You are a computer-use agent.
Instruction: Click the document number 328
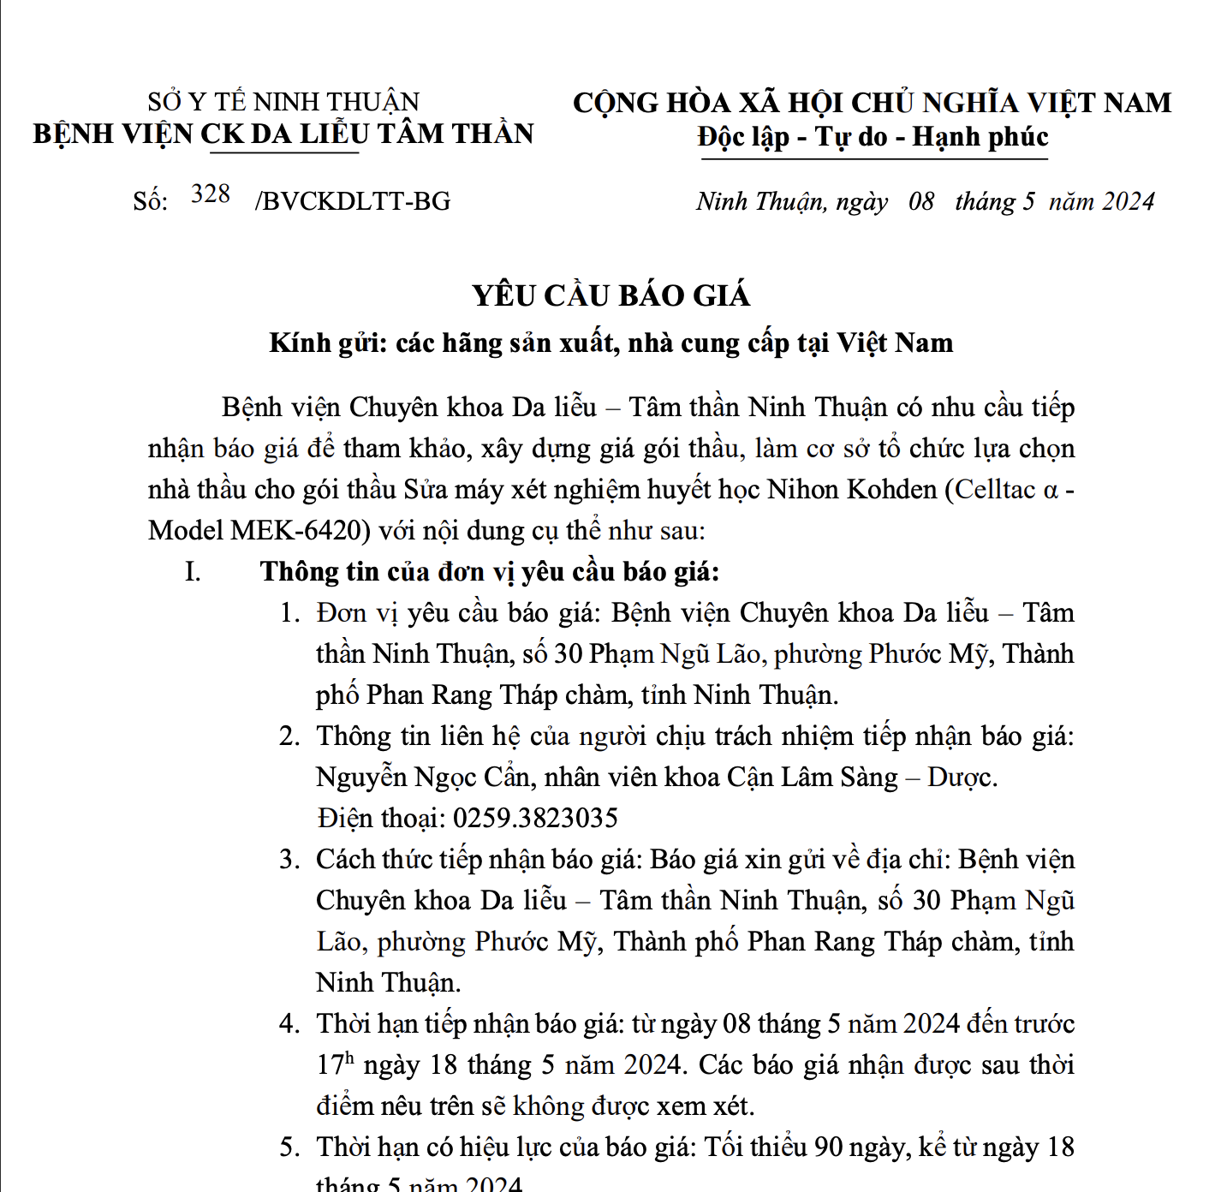211,194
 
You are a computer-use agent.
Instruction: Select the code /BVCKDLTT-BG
353,201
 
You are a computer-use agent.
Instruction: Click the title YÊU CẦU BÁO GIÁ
610,295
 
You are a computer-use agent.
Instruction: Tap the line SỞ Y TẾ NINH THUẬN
283,102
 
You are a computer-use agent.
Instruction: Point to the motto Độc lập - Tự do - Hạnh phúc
873,137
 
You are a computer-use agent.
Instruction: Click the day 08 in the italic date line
921,201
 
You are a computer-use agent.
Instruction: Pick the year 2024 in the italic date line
1129,201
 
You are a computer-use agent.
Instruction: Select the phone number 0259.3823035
535,819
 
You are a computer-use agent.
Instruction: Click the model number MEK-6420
301,531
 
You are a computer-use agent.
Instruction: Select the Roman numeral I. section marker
193,572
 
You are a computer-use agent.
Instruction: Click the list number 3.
289,860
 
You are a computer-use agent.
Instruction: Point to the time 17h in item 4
335,1064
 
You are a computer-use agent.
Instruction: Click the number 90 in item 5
830,1147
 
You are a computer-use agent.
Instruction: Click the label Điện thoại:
380,819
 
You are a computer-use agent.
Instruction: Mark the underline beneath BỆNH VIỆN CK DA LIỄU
284,153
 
